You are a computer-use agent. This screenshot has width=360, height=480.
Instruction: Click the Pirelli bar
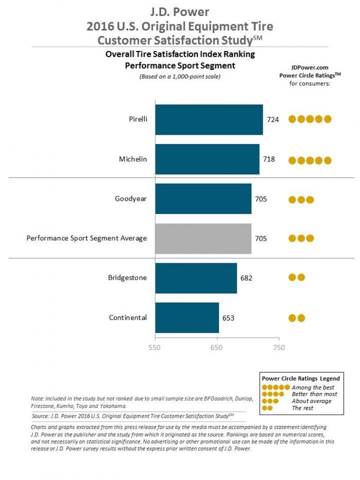pyautogui.click(x=209, y=120)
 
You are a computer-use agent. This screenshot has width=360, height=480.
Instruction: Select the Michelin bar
pyautogui.click(x=207, y=159)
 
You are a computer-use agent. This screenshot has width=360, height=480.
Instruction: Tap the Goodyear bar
pyautogui.click(x=203, y=199)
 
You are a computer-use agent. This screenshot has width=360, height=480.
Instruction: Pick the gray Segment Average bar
pyautogui.click(x=203, y=238)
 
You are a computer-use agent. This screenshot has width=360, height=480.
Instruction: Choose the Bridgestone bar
pyautogui.click(x=196, y=278)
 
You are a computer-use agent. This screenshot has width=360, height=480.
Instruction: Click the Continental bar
pyautogui.click(x=187, y=317)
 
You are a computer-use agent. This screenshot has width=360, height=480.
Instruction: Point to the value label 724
pyautogui.click(x=273, y=120)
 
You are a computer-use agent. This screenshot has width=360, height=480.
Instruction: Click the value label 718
pyautogui.click(x=269, y=159)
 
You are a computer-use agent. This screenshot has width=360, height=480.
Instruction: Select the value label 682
pyautogui.click(x=246, y=278)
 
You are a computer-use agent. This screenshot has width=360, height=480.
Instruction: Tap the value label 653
pyautogui.click(x=228, y=317)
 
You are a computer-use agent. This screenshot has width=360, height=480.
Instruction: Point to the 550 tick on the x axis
pyautogui.click(x=155, y=348)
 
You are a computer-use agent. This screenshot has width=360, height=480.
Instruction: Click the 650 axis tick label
pyautogui.click(x=217, y=348)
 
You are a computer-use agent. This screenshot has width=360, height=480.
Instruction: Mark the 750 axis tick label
pyautogui.click(x=279, y=348)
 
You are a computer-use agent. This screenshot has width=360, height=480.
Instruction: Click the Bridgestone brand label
pyautogui.click(x=128, y=278)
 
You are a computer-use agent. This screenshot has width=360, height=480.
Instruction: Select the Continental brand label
pyautogui.click(x=128, y=317)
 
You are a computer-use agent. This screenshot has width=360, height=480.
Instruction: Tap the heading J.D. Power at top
pyautogui.click(x=180, y=11)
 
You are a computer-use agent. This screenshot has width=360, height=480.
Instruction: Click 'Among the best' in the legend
pyautogui.click(x=313, y=387)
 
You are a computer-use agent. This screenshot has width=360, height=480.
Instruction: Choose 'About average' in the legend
pyautogui.click(x=312, y=401)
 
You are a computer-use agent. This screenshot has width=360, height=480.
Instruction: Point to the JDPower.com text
pyautogui.click(x=310, y=67)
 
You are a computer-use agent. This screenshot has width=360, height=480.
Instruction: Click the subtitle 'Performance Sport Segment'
pyautogui.click(x=180, y=65)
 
